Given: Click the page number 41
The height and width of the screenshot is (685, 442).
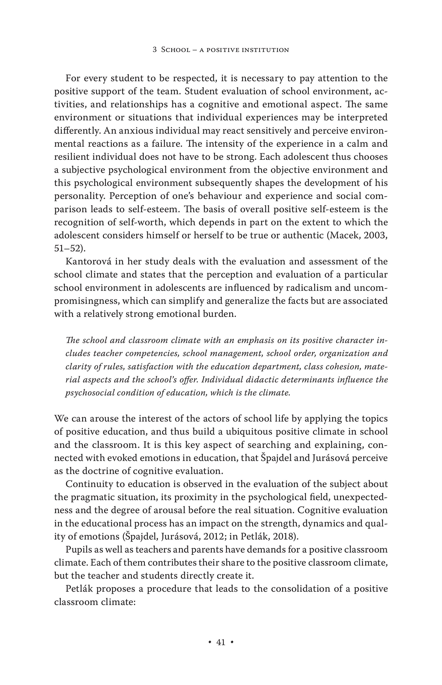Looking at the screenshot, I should coord(221,642).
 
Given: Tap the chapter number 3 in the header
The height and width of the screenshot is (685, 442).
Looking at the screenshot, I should coord(155,50).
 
